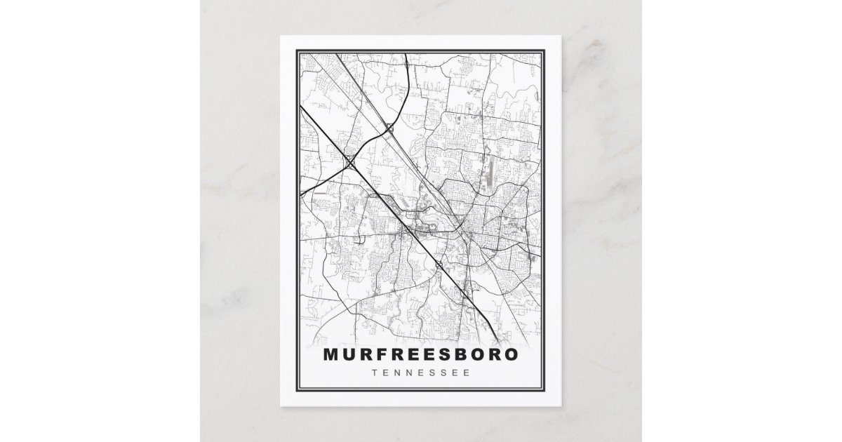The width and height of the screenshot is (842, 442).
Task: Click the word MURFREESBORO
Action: (x=421, y=356)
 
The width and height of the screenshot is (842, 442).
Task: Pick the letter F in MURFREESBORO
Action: (x=385, y=356)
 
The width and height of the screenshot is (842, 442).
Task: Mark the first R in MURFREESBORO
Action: (x=368, y=356)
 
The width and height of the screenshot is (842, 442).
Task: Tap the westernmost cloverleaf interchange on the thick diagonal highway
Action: (x=349, y=163)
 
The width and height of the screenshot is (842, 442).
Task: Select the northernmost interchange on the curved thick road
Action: (x=389, y=128)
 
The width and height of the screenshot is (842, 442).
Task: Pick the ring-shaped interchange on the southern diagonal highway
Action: (x=439, y=264)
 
